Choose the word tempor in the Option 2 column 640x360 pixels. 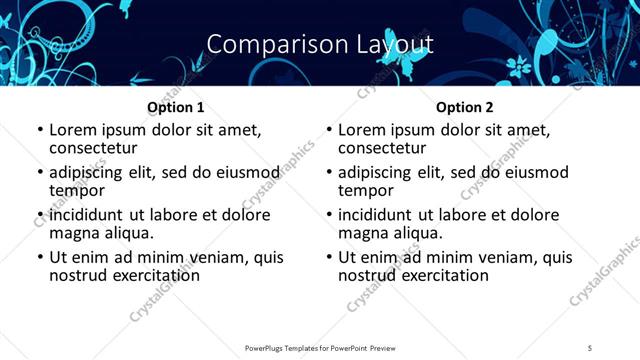coord(365,190)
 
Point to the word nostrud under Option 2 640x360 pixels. coord(367,275)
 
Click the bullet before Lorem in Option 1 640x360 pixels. coord(40,130)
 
